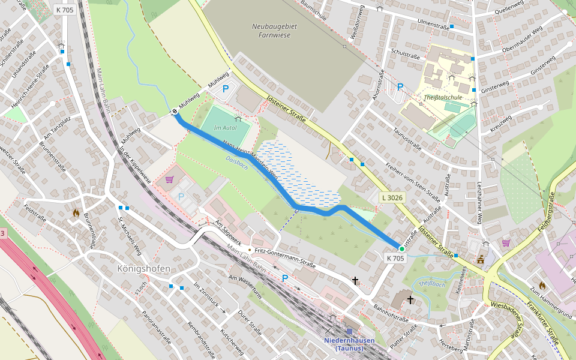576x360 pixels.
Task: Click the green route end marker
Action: [x=401, y=248]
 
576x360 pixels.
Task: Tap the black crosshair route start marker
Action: [x=175, y=111]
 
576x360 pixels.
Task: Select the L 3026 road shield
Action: [x=392, y=197]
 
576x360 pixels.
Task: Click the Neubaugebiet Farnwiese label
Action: [x=271, y=31]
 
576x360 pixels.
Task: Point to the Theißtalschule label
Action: [x=443, y=97]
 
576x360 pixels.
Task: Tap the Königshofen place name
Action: [x=143, y=268]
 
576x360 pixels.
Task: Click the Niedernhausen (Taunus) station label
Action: [x=349, y=344]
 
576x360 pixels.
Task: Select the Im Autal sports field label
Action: [x=224, y=127]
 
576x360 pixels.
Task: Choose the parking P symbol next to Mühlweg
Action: [x=226, y=89]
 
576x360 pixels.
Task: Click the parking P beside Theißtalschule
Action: [x=400, y=87]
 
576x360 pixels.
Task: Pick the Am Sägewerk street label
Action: [x=227, y=232]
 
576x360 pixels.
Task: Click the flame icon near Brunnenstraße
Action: [x=76, y=212]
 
